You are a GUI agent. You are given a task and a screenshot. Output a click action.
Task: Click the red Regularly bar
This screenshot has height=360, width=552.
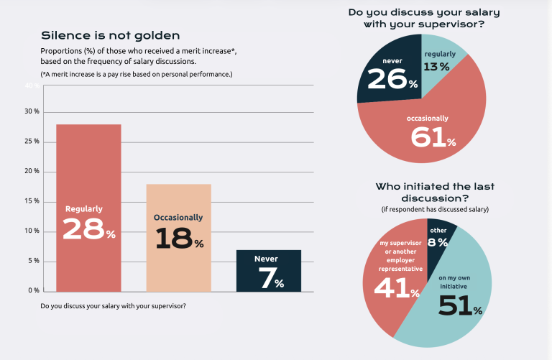tap(88, 208)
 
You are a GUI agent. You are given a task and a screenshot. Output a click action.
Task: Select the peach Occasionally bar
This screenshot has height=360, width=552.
tap(179, 238)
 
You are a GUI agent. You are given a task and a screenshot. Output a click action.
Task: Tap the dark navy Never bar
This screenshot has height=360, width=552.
tap(269, 271)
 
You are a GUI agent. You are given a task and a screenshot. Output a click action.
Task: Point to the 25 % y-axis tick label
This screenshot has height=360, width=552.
tap(32, 141)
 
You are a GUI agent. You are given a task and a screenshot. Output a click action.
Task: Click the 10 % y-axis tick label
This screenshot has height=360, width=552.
tap(32, 231)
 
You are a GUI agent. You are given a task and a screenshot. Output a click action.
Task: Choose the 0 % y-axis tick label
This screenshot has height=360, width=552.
tap(34, 290)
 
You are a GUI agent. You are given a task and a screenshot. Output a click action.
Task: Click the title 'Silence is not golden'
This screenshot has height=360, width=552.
tap(111, 35)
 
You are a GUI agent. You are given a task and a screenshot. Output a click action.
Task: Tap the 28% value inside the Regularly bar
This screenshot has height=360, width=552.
tap(89, 229)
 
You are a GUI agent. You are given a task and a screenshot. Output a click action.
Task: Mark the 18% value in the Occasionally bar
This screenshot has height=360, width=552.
tap(180, 238)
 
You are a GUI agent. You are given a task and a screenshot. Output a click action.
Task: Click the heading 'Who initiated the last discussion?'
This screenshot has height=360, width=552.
tap(435, 192)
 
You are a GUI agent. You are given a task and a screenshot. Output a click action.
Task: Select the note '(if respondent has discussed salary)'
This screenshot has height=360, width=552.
tap(435, 209)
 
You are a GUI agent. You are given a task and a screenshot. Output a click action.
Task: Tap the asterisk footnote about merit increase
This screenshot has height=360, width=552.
tap(137, 74)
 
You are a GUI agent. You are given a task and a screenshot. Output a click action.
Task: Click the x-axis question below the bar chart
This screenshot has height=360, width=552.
tap(113, 306)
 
